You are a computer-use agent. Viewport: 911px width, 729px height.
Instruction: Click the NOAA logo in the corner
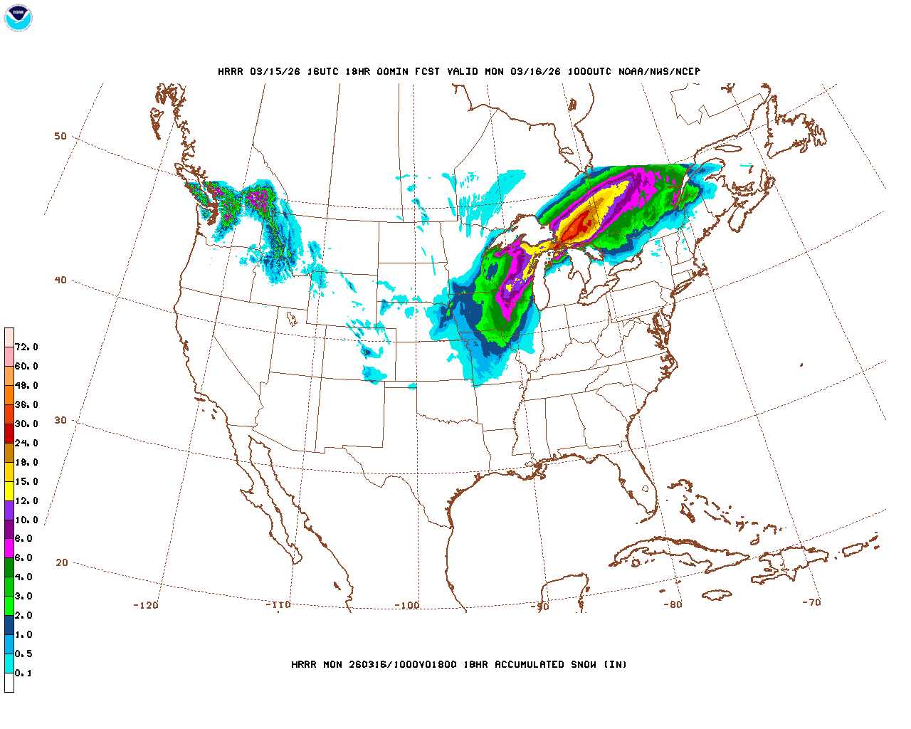point(18,19)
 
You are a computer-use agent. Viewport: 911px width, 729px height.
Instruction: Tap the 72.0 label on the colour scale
point(26,347)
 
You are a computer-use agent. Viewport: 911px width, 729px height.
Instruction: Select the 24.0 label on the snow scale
point(26,443)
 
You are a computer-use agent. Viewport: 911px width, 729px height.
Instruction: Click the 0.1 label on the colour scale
point(23,673)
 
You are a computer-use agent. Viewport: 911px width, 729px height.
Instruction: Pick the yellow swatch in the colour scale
point(9,491)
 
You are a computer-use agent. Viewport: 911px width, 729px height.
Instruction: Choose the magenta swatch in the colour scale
point(9,548)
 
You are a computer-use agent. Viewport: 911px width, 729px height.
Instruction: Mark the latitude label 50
point(60,136)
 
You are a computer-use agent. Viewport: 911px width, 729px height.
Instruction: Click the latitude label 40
point(60,280)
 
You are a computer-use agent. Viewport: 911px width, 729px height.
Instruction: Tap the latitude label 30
point(60,420)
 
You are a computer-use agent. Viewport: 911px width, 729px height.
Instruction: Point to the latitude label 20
point(62,562)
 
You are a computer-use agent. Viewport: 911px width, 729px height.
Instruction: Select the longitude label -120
point(145,605)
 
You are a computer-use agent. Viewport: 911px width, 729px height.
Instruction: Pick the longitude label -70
point(811,602)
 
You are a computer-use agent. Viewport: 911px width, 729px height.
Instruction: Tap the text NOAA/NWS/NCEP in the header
point(660,72)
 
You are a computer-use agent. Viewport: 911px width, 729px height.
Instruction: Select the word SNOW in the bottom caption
point(583,665)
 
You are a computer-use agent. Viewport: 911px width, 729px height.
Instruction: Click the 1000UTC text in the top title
point(589,72)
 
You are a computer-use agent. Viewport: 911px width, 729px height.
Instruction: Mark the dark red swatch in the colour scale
point(9,433)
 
